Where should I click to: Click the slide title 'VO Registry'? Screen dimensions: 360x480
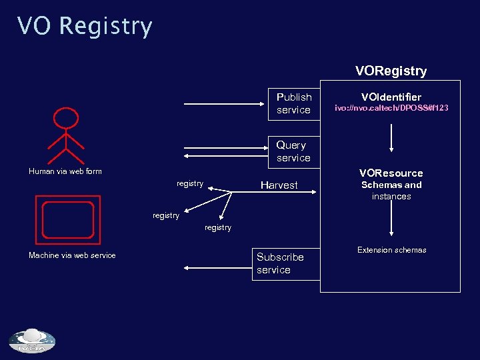85,27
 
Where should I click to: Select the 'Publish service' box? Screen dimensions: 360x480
294,103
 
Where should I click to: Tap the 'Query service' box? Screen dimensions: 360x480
294,151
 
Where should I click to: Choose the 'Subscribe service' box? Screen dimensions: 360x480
281,263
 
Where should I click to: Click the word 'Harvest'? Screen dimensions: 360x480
279,185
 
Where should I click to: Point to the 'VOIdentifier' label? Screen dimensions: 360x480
391,97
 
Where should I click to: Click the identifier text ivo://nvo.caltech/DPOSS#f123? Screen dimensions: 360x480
391,108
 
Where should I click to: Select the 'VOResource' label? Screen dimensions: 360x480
391,173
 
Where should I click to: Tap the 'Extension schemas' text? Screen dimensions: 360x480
391,250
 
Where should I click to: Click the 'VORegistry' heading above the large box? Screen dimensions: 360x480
391,71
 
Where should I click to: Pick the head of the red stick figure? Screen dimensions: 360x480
66,119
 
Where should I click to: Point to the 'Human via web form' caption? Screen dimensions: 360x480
65,171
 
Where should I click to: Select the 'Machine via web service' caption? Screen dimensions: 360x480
72,255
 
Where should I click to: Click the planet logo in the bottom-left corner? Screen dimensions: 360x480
32,341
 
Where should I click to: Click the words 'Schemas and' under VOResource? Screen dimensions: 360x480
391,185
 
